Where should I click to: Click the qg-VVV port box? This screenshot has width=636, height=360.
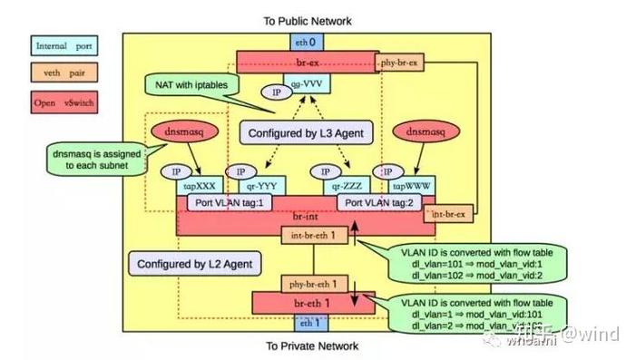(x=310, y=84)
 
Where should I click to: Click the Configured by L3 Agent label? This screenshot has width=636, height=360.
(x=307, y=133)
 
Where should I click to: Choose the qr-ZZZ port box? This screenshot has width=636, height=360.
(x=349, y=182)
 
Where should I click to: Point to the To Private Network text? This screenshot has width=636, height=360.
(x=311, y=345)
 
